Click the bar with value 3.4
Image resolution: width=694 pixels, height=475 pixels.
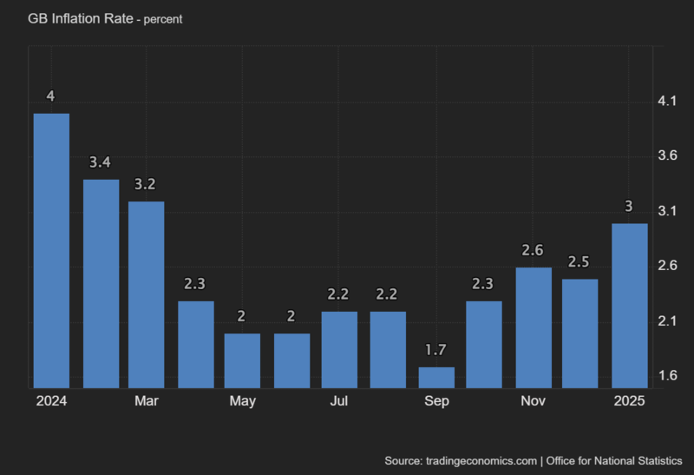(101, 283)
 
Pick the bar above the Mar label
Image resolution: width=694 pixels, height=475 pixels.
(147, 294)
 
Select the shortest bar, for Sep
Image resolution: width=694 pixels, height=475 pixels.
(435, 377)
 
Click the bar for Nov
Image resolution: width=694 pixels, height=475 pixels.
(533, 327)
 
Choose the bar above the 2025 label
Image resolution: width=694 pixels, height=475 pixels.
(629, 306)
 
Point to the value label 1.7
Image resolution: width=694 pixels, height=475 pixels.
(435, 350)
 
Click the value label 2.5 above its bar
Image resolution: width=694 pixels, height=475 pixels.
(579, 262)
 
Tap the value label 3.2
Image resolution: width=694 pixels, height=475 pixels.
(147, 185)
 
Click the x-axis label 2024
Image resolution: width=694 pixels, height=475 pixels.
(51, 401)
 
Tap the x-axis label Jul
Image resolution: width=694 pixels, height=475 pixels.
(339, 401)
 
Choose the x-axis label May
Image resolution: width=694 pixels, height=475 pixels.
(243, 401)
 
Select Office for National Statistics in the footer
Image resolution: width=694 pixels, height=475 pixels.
(614, 459)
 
